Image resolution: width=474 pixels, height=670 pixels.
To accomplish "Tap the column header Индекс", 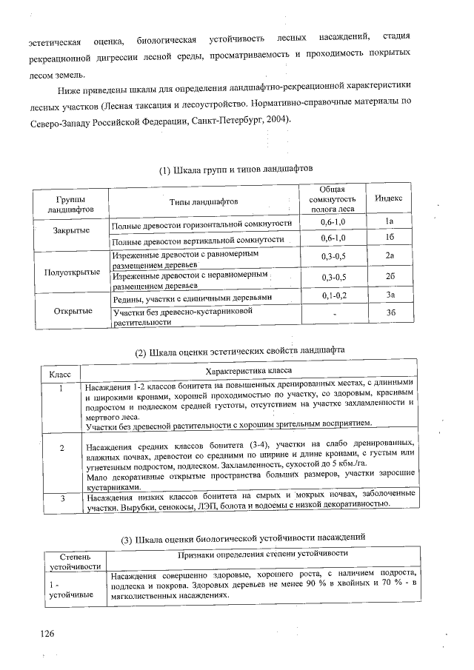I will click(388, 199).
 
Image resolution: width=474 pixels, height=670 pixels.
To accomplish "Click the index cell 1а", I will click(388, 222).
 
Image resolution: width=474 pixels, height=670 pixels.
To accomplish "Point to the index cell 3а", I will click(388, 295).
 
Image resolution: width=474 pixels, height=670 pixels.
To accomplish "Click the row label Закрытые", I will click(72, 230).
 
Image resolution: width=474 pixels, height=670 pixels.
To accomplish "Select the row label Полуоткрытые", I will click(72, 272).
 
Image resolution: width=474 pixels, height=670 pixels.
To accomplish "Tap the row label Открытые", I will click(72, 310).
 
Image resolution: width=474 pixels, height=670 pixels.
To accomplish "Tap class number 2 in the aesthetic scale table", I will click(62, 448).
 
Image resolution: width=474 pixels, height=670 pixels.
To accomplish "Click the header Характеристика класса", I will click(248, 370).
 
